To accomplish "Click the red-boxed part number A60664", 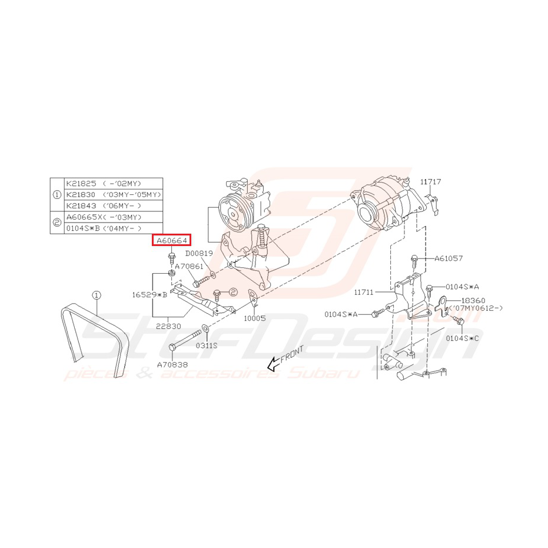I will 171,240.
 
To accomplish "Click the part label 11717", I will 430,182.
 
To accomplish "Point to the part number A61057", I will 449,258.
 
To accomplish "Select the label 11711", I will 364,291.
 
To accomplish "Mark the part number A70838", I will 172,364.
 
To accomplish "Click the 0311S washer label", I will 207,346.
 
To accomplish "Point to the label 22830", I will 168,326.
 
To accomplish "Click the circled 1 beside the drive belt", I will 97,294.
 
